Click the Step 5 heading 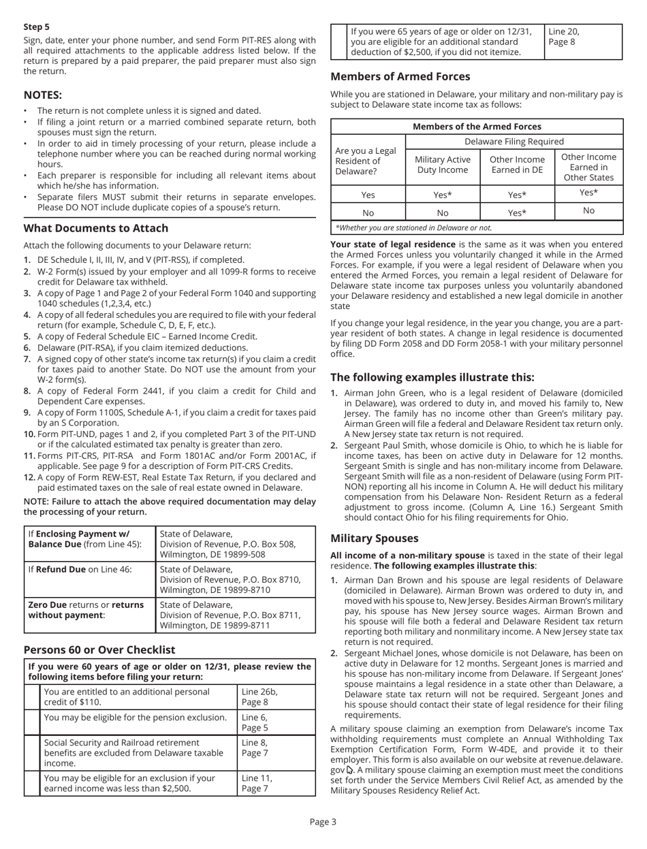(37, 27)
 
